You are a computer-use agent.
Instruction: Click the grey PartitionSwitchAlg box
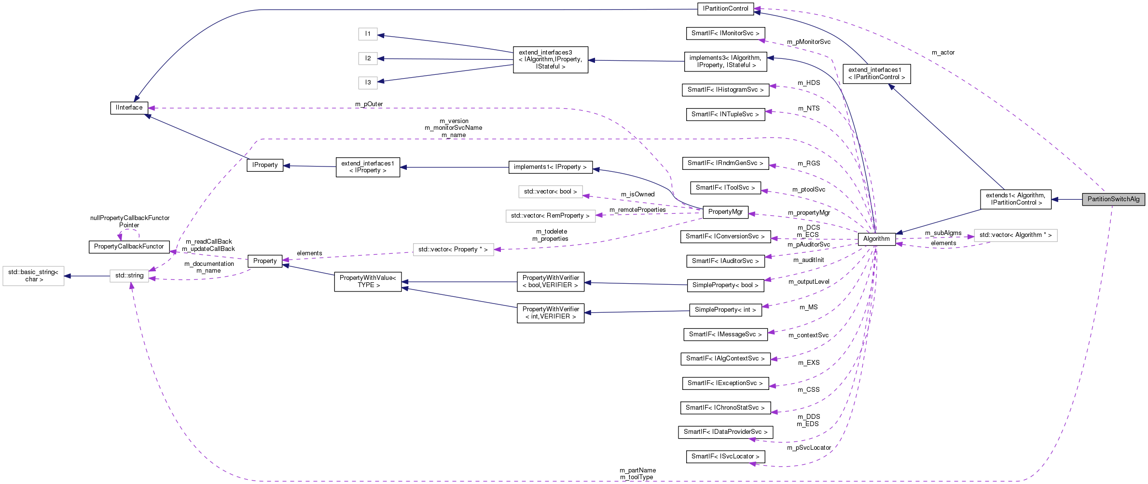pos(1113,199)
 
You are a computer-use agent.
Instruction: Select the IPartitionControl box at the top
pos(725,9)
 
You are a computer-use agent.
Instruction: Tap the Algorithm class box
pos(876,239)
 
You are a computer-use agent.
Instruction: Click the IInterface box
pos(129,108)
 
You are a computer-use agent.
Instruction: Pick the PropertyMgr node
pos(725,212)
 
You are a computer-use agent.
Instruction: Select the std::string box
pos(129,276)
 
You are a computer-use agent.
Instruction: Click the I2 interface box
pos(368,58)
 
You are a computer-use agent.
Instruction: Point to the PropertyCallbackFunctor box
pos(129,247)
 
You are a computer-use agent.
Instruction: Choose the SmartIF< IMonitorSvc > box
pos(725,33)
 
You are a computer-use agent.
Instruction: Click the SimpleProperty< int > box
pos(725,310)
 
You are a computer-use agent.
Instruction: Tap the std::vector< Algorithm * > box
pos(1015,235)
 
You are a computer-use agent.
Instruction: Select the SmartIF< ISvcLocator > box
pos(725,456)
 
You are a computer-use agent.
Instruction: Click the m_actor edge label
pos(943,53)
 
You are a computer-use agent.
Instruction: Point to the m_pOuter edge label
pos(369,104)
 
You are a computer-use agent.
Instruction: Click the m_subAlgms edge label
pos(943,233)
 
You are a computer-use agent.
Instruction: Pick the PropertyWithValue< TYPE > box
pos(368,281)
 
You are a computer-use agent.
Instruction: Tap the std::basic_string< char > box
pos(33,276)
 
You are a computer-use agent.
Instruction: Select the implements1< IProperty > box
pos(550,167)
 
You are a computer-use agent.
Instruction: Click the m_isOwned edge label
pos(637,194)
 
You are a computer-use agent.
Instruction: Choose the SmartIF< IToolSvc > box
pos(725,188)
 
